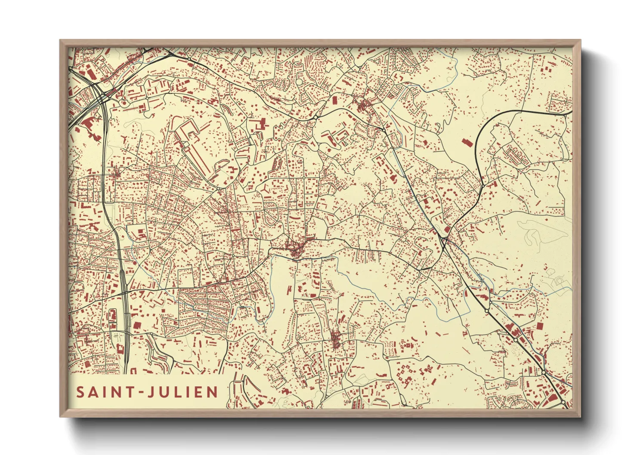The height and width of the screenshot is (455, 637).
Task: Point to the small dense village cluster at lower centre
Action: click(x=336, y=340)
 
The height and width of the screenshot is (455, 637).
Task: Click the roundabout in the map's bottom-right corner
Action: click(x=563, y=402)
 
